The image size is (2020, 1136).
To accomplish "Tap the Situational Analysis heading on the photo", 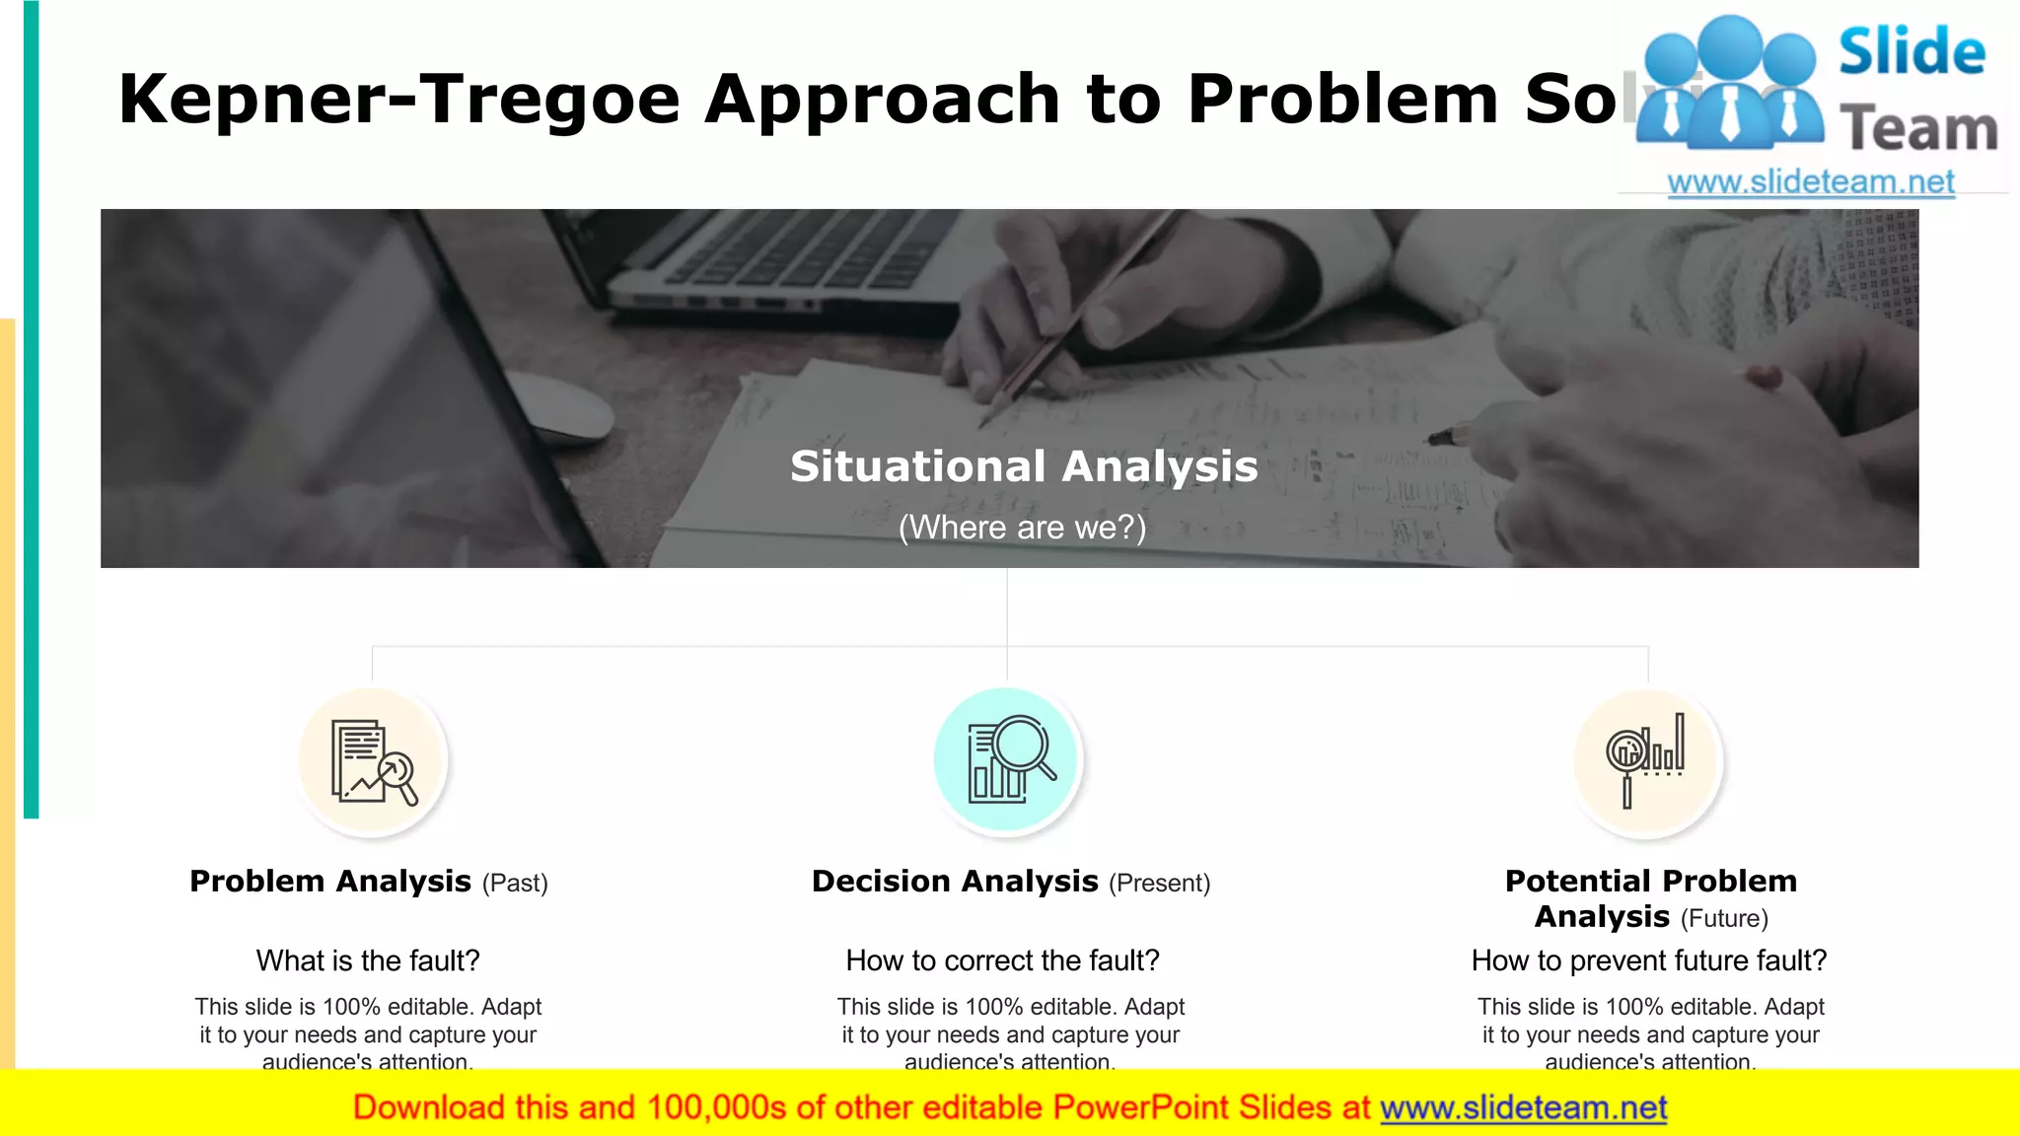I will (1023, 466).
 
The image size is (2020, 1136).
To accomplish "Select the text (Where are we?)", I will (1022, 528).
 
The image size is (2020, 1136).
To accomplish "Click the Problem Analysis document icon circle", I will (373, 761).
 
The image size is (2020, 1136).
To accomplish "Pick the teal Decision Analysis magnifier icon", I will (1007, 760).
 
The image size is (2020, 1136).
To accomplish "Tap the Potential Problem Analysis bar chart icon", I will (1646, 760).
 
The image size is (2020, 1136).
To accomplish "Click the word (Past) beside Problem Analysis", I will (515, 884).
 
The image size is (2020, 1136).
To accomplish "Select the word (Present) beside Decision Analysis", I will (1159, 884).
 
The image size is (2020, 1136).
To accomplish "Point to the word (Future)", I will (1724, 919).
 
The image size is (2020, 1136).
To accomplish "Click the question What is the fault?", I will (368, 960).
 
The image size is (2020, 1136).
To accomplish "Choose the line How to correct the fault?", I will (1002, 960).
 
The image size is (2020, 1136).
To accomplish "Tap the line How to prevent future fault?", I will (1648, 960).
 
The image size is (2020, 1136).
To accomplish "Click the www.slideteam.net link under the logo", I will (1810, 182).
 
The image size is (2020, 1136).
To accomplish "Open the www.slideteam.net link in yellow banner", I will (1523, 1108).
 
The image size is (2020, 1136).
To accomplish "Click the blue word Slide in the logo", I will (1911, 52).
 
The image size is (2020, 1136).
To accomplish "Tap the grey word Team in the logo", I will (1917, 130).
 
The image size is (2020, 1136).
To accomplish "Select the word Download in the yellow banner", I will (428, 1108).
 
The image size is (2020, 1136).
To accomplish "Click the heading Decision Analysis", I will (954, 882).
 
